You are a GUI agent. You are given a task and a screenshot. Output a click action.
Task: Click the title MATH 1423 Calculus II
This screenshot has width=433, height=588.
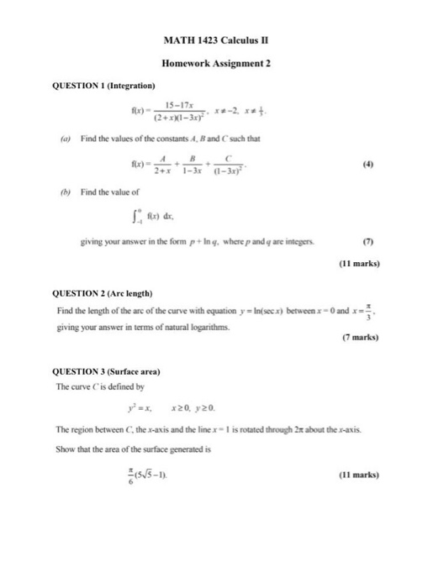point(216,39)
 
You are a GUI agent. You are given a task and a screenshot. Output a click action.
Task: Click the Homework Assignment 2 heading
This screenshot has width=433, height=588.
point(216,63)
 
